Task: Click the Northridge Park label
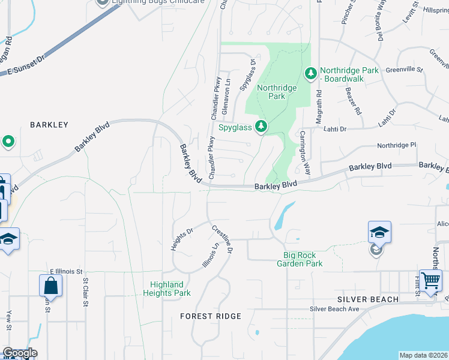tap(277, 92)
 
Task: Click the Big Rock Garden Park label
tap(303, 259)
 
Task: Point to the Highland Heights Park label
tap(167, 289)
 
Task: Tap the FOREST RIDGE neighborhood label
tap(211, 316)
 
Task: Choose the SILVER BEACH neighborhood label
tap(368, 299)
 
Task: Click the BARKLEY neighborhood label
tap(49, 125)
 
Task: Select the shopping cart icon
tap(430, 280)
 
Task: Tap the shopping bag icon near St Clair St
tap(50, 286)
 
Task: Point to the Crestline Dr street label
tap(221, 239)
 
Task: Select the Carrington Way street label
tap(305, 153)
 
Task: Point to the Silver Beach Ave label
tap(334, 309)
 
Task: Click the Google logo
tap(20, 353)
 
